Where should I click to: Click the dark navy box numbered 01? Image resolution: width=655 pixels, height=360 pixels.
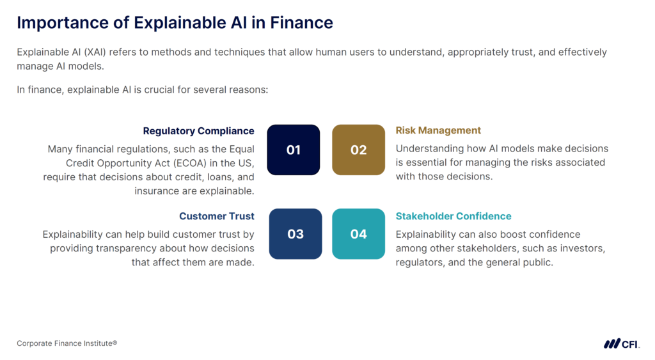click(293, 150)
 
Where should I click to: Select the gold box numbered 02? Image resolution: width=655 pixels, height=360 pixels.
click(358, 150)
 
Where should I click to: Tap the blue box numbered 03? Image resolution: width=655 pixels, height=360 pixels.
click(295, 233)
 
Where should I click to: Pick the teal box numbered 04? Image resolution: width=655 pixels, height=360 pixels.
click(358, 233)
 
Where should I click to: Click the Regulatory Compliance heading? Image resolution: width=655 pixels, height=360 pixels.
click(198, 131)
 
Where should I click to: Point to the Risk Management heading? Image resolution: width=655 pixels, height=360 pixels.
click(438, 130)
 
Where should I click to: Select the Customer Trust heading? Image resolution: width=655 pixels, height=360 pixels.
click(216, 216)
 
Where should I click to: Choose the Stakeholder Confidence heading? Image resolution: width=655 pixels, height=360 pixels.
click(454, 216)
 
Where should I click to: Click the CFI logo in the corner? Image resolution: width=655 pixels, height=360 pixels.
click(621, 343)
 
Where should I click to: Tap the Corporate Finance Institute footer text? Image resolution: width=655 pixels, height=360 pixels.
click(67, 343)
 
